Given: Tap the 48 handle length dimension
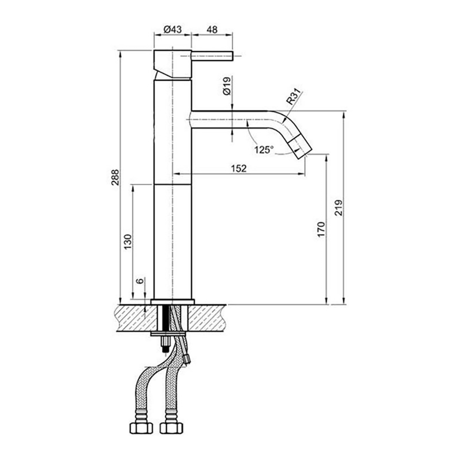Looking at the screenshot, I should click(x=212, y=29).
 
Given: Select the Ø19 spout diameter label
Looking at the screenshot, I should click(x=226, y=86).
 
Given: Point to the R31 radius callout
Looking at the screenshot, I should click(x=293, y=97).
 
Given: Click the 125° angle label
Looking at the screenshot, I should click(x=263, y=149).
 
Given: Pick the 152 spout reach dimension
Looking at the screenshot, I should click(x=239, y=168).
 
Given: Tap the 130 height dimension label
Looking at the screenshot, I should click(x=128, y=241).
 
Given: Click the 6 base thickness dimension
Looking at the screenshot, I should click(x=140, y=281).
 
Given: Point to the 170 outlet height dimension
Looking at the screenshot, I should click(x=321, y=229).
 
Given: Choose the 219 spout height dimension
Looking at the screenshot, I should click(x=339, y=208).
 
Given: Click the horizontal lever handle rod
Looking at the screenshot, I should click(x=212, y=56).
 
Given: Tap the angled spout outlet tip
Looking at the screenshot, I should click(x=302, y=146).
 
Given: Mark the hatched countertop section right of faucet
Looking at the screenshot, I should click(x=207, y=318).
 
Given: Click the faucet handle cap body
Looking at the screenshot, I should click(x=172, y=63).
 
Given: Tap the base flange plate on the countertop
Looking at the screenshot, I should click(x=173, y=302).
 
